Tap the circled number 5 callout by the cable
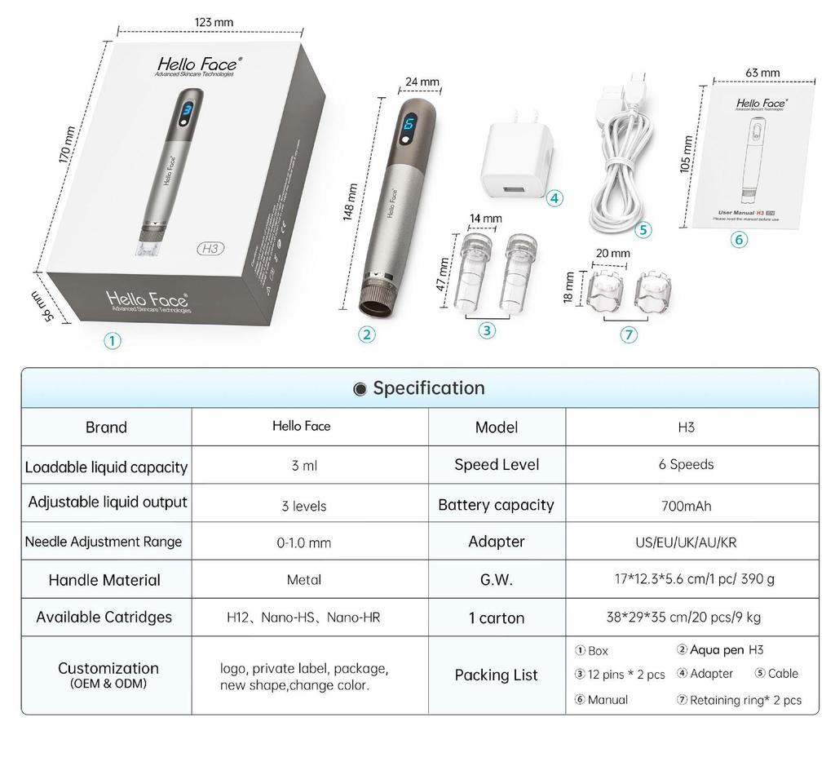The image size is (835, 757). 644,230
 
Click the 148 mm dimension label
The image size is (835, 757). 351,201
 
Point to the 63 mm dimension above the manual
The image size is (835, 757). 762,73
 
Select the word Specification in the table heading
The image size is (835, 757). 429,388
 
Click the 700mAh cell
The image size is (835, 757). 686,506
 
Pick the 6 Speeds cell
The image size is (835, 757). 686,464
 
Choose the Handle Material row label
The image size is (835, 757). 104,580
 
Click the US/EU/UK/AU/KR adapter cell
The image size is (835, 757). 686,542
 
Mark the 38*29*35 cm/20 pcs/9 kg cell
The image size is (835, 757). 686,618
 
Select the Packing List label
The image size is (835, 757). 496,675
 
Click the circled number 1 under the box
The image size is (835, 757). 113,341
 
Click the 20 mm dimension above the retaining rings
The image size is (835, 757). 613,253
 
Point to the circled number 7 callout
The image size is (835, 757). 629,334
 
